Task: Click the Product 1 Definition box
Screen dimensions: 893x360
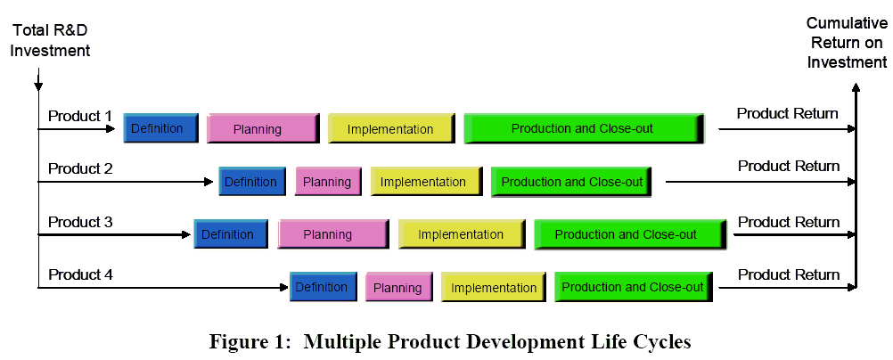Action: click(161, 128)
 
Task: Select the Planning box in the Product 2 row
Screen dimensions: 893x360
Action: click(328, 182)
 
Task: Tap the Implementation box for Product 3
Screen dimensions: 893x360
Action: click(462, 234)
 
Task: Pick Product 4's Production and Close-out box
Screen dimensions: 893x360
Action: click(634, 287)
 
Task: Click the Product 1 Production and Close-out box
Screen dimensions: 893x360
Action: click(585, 128)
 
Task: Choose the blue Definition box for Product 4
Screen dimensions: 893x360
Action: click(324, 287)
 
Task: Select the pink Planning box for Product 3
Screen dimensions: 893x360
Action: click(333, 234)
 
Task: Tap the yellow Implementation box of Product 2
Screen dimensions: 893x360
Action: click(427, 182)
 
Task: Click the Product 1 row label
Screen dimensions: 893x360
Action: click(80, 116)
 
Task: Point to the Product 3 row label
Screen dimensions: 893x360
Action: click(80, 222)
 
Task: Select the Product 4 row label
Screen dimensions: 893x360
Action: click(80, 274)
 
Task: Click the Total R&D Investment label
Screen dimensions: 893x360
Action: click(50, 40)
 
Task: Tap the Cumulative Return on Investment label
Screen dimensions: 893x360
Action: click(847, 43)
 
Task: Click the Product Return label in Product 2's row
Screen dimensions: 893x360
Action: click(789, 166)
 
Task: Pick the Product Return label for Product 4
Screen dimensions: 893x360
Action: click(789, 274)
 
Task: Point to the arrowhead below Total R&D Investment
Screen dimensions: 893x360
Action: click(38, 87)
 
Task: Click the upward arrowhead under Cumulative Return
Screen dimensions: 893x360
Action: click(856, 87)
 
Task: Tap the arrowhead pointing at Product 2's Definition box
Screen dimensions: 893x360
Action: click(209, 182)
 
